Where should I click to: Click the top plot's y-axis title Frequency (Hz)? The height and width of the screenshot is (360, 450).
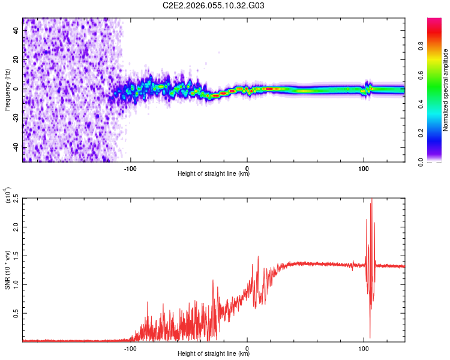click(7, 89)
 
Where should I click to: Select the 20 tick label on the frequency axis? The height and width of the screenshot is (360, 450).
click(16, 59)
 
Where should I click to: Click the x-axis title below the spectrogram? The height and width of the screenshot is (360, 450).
click(214, 174)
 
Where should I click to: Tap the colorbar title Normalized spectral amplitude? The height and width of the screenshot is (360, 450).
click(445, 90)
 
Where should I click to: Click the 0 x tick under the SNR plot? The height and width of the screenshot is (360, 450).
click(247, 348)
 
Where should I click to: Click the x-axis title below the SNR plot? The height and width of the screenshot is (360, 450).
click(214, 354)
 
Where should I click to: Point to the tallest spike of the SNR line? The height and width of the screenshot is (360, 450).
click(372, 200)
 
